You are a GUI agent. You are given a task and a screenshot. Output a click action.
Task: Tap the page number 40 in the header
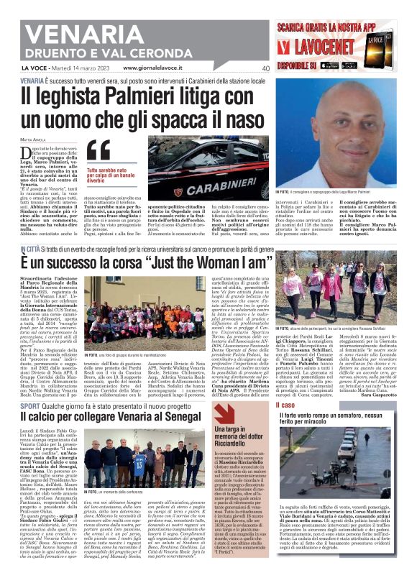pyautogui.click(x=265, y=68)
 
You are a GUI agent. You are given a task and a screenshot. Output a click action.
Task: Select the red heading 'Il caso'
pyautogui.click(x=286, y=405)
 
